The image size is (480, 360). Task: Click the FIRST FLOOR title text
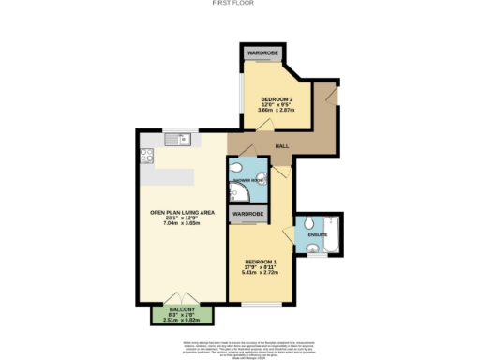[239, 4]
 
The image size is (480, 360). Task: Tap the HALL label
[281, 146]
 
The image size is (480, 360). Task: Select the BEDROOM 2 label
[276, 98]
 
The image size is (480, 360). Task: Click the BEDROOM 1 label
[261, 260]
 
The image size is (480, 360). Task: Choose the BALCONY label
[183, 309]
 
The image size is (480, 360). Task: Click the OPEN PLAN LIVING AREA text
[183, 213]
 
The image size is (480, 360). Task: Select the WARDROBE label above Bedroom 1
[248, 214]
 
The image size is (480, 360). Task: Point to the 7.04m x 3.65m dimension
[183, 223]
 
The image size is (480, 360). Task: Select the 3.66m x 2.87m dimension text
[276, 110]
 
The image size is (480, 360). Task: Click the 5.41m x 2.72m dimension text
[261, 271]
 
